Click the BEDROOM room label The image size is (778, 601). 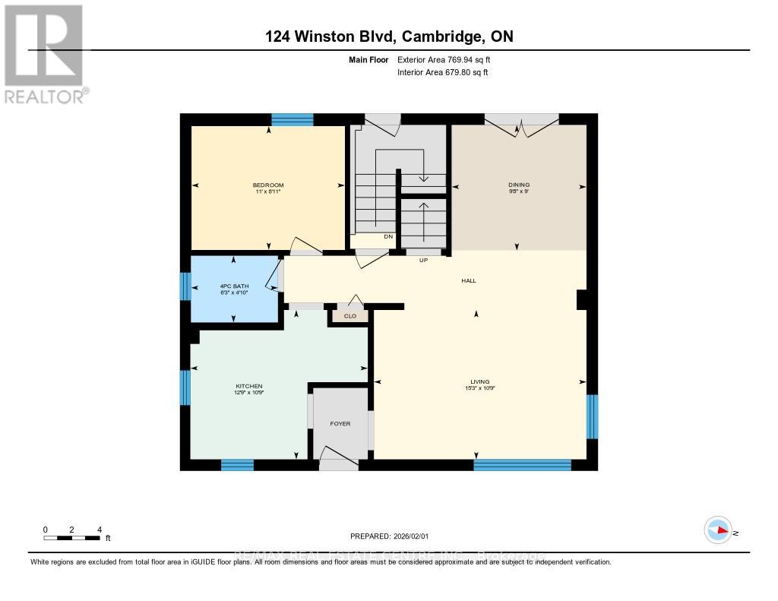tap(268, 186)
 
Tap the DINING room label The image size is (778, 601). tap(519, 185)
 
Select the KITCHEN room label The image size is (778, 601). tap(248, 385)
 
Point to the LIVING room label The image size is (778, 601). tap(479, 381)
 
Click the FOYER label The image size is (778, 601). tap(340, 423)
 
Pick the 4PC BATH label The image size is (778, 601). tap(232, 286)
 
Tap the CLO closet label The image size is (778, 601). tap(350, 316)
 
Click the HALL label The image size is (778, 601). tap(469, 281)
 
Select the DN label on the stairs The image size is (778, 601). tap(388, 237)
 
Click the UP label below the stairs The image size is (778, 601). tap(425, 260)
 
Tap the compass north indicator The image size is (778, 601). tap(719, 530)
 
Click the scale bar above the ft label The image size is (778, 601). tap(72, 538)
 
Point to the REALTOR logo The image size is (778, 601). tap(44, 53)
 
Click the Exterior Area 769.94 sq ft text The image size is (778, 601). tap(448, 59)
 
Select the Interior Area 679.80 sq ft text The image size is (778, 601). tap(442, 73)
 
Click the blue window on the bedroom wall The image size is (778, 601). tap(293, 119)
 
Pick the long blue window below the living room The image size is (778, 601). tap(522, 465)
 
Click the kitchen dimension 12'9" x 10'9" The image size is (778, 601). tap(248, 393)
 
